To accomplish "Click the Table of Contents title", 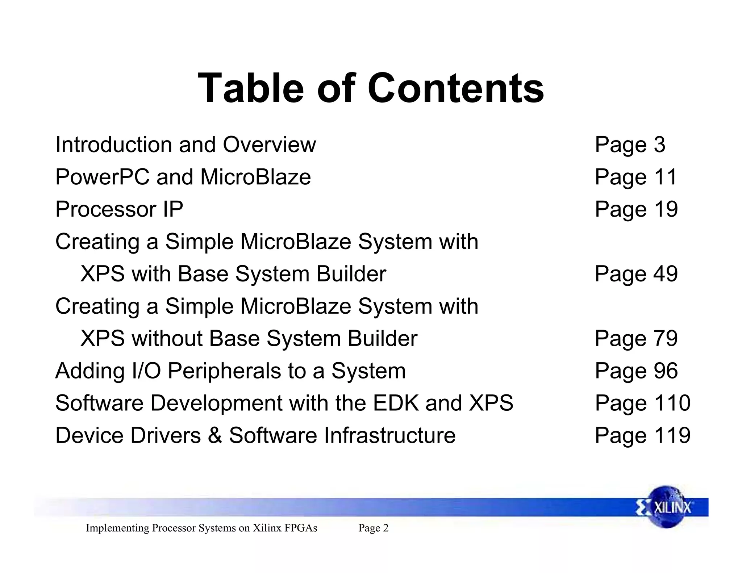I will point(371,88).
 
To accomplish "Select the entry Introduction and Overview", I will point(185,145).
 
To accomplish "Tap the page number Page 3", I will point(630,145).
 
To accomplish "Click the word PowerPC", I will point(102,177).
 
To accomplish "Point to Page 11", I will point(636,177).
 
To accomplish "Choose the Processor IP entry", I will point(119,209).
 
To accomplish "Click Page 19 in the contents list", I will point(636,209).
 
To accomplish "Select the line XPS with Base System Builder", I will point(233,274).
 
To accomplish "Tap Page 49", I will point(636,274).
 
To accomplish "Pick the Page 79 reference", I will point(636,338).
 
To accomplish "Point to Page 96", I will point(636,371).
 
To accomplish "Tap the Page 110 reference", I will point(642,403).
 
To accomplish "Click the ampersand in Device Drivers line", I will point(215,435).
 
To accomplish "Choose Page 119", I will point(642,435).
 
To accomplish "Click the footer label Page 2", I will point(373,528).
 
